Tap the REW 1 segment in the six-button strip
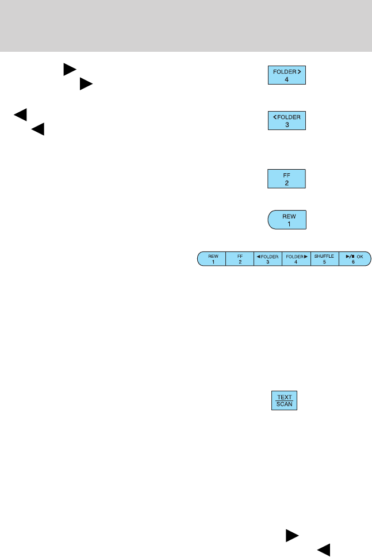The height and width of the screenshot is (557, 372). click(x=212, y=258)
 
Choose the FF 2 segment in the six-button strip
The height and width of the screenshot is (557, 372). click(x=240, y=258)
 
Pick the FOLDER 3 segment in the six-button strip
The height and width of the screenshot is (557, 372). click(x=268, y=258)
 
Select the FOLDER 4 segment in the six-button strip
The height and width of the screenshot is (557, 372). click(x=296, y=258)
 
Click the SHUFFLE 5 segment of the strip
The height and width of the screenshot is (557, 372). click(x=324, y=258)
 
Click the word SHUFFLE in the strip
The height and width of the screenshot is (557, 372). click(x=324, y=255)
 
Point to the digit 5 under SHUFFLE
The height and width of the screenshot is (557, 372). click(x=324, y=262)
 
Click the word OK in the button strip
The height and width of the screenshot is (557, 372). click(x=360, y=255)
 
